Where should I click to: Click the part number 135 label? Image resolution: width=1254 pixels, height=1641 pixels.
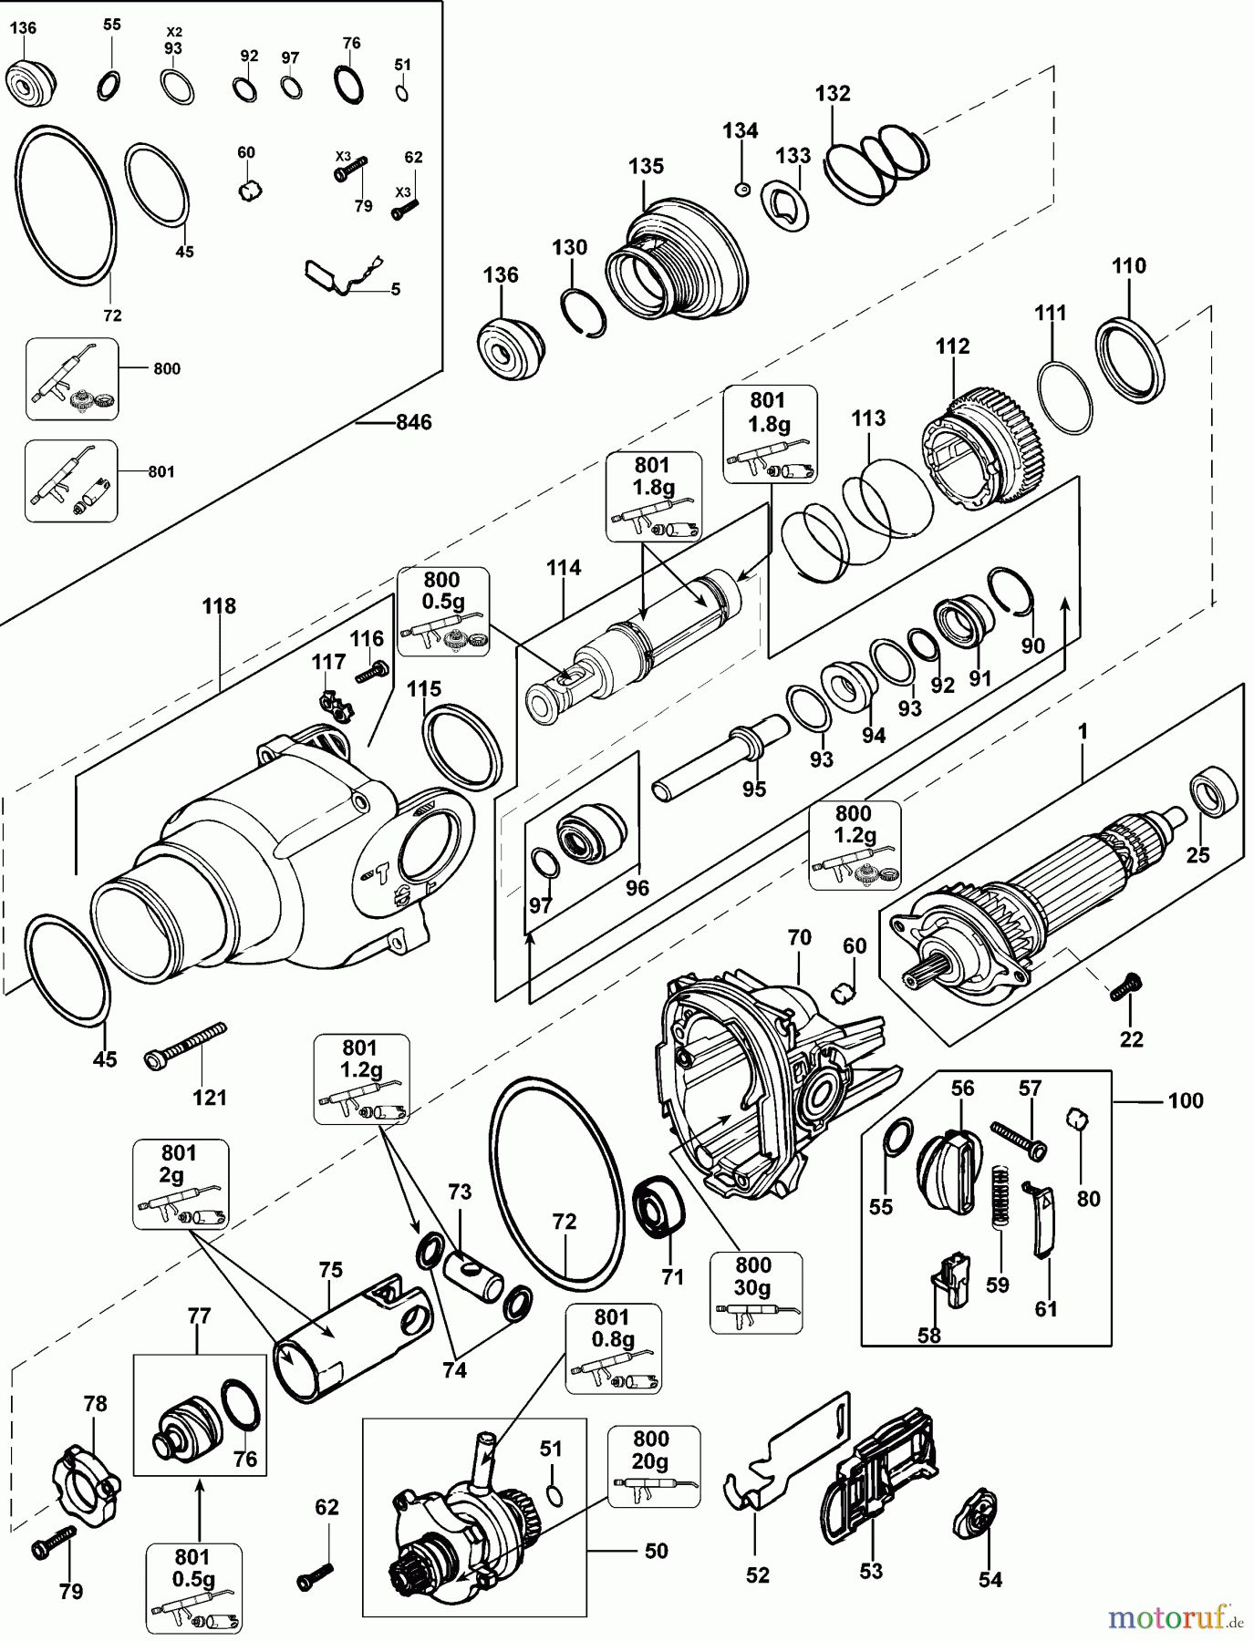coord(646,167)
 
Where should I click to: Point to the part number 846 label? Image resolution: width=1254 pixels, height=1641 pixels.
coord(413,423)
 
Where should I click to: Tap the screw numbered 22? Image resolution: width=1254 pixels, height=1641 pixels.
coord(1125,987)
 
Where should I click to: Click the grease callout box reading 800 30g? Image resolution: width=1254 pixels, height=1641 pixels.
coord(755,1293)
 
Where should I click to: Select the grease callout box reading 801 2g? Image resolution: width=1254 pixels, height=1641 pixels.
coord(181,1183)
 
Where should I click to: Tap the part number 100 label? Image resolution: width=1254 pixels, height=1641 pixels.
coord(1186,1100)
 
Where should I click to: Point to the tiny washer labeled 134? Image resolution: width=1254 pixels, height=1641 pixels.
coord(741,189)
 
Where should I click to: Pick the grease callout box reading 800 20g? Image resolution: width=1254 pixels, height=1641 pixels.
coord(653,1467)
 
